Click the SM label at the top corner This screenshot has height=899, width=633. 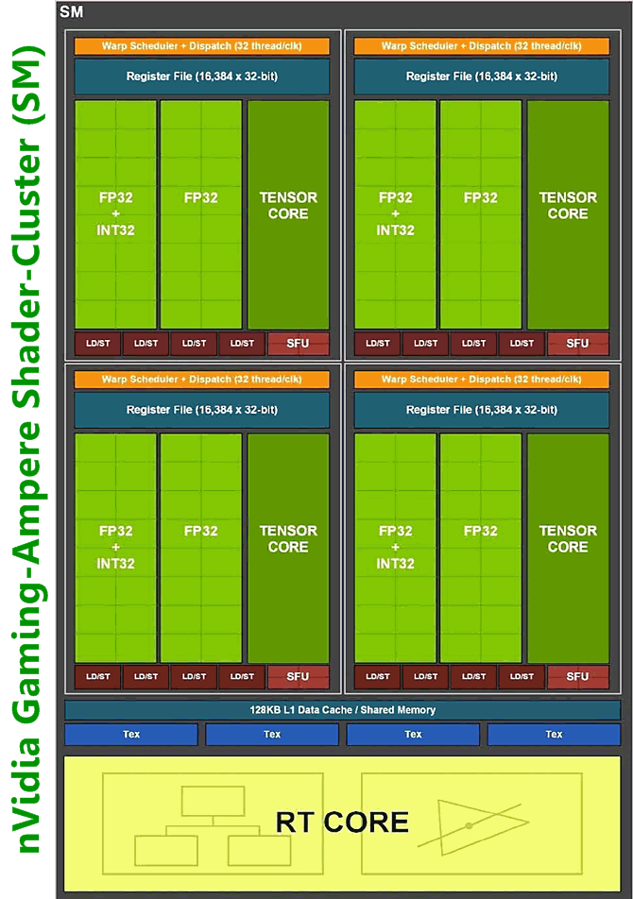pyautogui.click(x=71, y=13)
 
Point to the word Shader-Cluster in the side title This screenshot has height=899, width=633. pyautogui.click(x=29, y=255)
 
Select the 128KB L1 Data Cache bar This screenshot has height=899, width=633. pyautogui.click(x=342, y=710)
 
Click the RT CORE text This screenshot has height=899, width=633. pyautogui.click(x=342, y=822)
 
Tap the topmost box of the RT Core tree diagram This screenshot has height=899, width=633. pyautogui.click(x=214, y=801)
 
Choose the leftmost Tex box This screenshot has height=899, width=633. pyautogui.click(x=131, y=735)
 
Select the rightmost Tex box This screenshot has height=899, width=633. pyautogui.click(x=554, y=735)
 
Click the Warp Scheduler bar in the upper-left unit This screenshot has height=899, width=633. pyautogui.click(x=202, y=46)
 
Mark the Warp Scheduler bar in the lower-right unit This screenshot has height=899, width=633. pyautogui.click(x=482, y=380)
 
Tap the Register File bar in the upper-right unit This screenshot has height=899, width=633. pyautogui.click(x=482, y=76)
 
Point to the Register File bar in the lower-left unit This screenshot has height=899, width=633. pyautogui.click(x=202, y=410)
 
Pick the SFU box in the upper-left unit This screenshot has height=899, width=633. pyautogui.click(x=298, y=344)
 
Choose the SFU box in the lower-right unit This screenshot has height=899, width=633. pyautogui.click(x=577, y=677)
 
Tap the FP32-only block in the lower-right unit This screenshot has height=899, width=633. pyautogui.click(x=481, y=548)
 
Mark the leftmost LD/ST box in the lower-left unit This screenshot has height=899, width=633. pyautogui.click(x=98, y=677)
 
